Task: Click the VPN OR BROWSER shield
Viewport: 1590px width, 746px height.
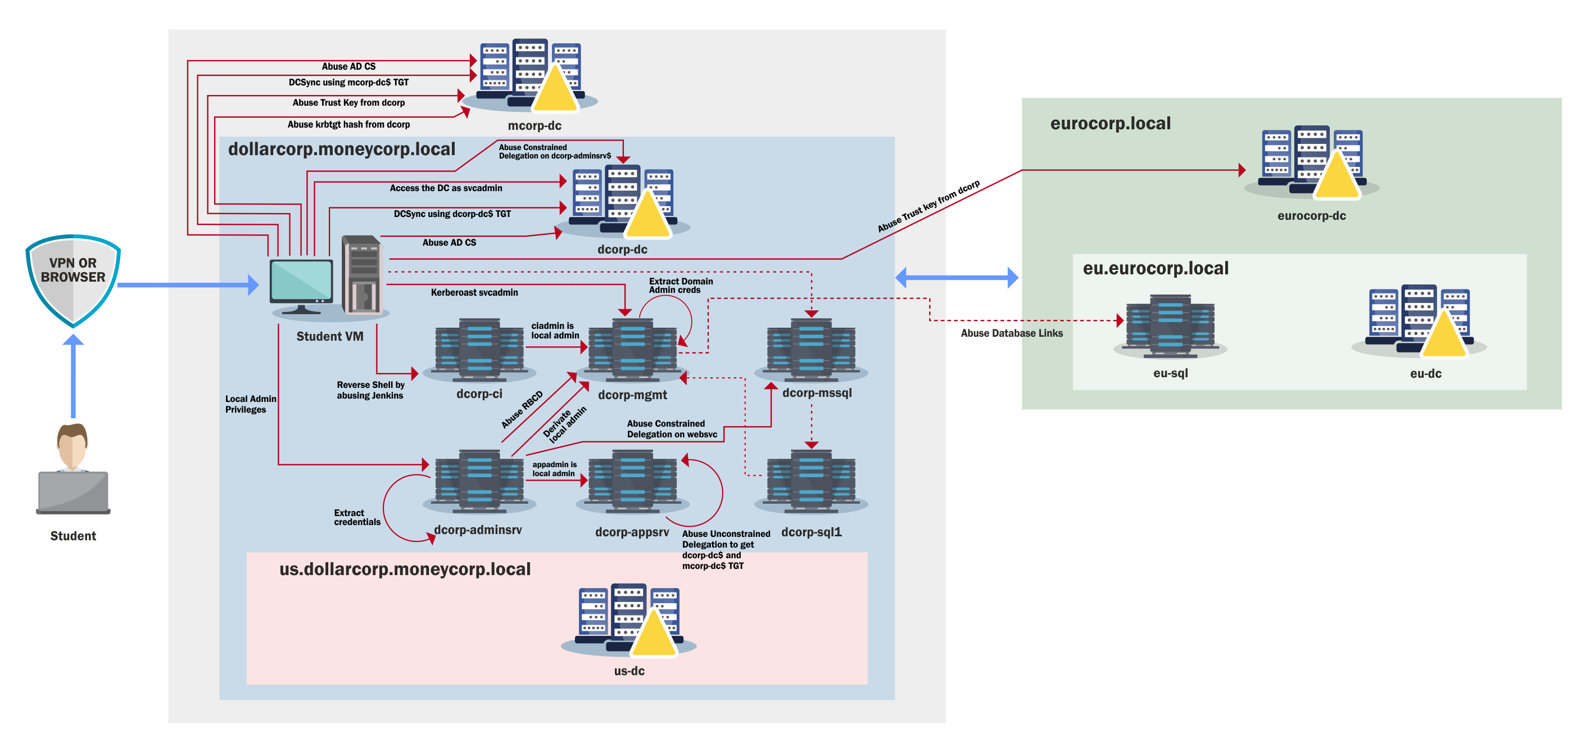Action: point(73,278)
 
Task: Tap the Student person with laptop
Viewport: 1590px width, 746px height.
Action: point(73,469)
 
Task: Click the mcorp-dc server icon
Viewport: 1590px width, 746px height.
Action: point(531,74)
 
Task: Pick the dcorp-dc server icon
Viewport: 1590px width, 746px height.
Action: point(623,201)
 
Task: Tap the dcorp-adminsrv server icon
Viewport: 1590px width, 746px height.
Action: point(479,482)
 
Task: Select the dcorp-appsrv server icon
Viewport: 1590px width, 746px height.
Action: point(633,482)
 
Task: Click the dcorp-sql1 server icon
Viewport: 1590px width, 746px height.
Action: point(811,482)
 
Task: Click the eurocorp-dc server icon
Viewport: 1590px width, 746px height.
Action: point(1312,162)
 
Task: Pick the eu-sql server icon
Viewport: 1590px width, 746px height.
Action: point(1170,326)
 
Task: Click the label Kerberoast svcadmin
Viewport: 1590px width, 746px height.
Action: point(474,292)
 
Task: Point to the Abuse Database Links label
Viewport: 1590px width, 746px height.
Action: point(1012,333)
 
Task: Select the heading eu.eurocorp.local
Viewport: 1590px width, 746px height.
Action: point(1156,268)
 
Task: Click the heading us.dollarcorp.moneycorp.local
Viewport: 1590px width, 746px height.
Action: point(405,569)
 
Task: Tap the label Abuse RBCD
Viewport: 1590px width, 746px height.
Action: point(522,409)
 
